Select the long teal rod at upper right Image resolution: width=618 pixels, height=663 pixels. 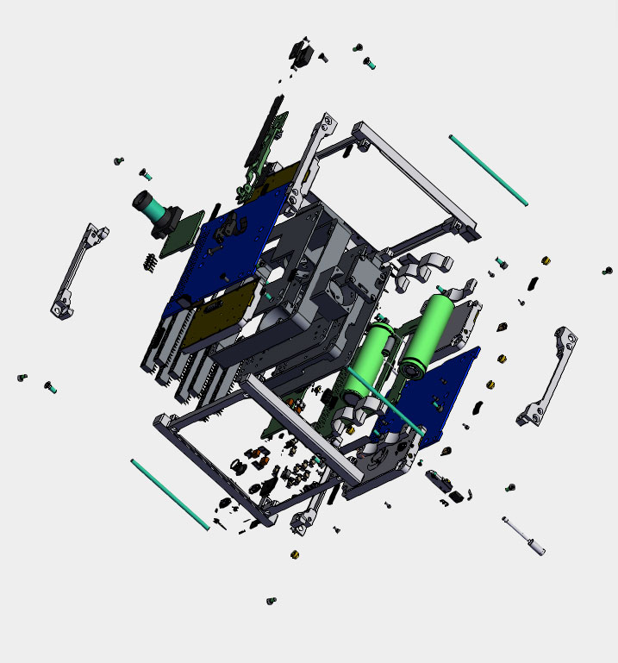click(x=488, y=170)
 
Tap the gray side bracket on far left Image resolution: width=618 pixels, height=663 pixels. click(x=81, y=271)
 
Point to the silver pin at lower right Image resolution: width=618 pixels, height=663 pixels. click(x=525, y=535)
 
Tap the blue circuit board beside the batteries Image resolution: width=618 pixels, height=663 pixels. click(x=440, y=392)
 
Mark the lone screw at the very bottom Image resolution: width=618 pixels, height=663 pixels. click(x=272, y=600)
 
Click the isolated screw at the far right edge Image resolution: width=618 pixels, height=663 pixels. click(x=608, y=272)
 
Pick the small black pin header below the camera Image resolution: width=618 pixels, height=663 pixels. click(x=148, y=262)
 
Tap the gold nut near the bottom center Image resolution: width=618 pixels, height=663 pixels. click(x=295, y=554)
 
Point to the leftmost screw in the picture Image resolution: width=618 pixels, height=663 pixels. click(x=22, y=378)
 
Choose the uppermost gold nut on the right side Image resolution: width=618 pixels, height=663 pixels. click(x=545, y=260)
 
